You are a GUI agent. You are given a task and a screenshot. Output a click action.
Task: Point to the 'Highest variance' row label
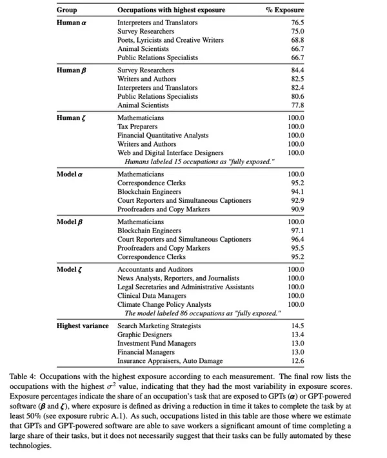pos(83,326)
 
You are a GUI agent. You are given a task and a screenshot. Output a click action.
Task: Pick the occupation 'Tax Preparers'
pos(138,127)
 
